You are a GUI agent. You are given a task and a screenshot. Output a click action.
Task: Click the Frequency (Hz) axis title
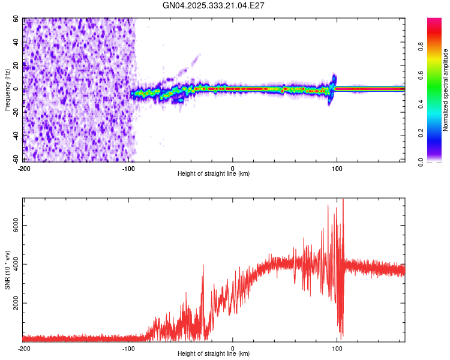tap(8, 90)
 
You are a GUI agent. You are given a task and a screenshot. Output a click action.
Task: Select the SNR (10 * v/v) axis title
tap(8, 270)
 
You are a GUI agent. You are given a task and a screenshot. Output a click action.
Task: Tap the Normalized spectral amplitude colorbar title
tap(446, 90)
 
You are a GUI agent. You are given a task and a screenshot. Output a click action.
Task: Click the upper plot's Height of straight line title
tap(214, 174)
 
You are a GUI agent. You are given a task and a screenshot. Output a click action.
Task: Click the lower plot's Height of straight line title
tap(214, 354)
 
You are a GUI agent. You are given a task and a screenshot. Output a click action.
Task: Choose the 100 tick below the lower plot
tap(337, 349)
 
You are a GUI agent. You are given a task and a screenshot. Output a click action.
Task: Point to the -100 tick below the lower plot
tap(128, 349)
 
